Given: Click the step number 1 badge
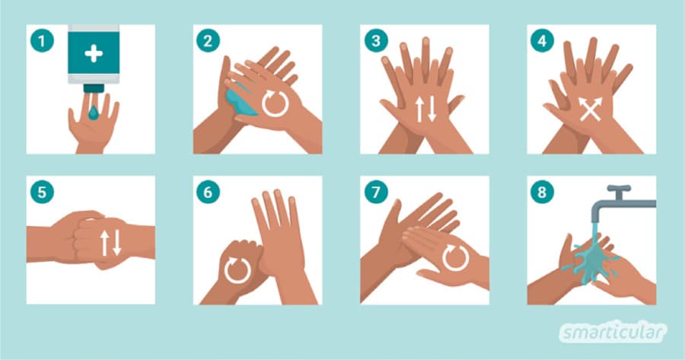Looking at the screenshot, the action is (x=42, y=41).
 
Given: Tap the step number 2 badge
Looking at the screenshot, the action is (x=208, y=41).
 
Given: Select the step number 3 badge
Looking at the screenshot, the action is (x=376, y=41).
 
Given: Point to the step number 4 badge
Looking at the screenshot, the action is (x=542, y=41).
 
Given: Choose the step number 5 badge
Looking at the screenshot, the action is (x=42, y=193).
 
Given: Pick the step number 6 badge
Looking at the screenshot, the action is (x=208, y=193).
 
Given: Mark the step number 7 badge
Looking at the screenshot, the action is (x=376, y=193).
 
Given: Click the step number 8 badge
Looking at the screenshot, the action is (x=542, y=193).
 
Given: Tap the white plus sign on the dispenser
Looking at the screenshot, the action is (x=94, y=54).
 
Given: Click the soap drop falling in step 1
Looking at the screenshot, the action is (x=94, y=113).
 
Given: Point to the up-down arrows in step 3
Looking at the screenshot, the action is (x=425, y=109).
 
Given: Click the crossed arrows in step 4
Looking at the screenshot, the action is (x=590, y=110).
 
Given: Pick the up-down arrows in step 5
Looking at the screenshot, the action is (x=110, y=243).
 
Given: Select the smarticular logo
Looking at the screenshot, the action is (x=613, y=333).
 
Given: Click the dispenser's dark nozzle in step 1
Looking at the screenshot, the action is (x=94, y=88).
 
